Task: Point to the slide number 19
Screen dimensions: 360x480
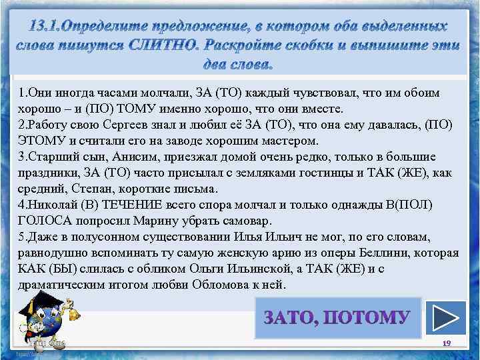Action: [447, 343]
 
